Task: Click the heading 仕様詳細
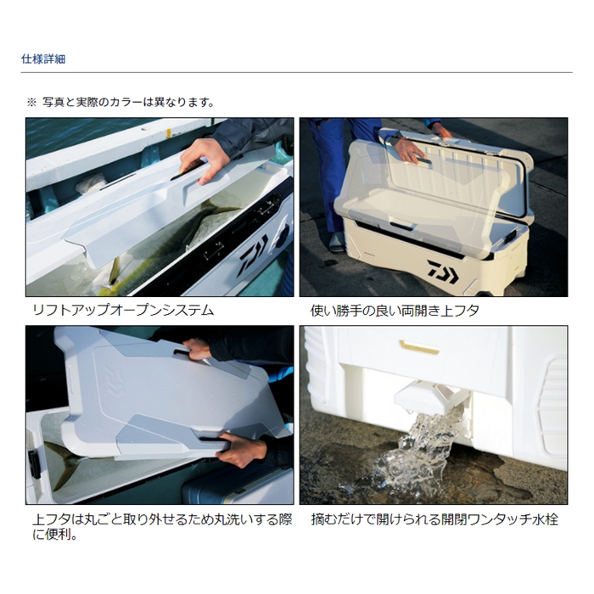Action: click(x=43, y=59)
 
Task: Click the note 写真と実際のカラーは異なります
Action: click(x=127, y=103)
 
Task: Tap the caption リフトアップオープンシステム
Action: click(x=124, y=311)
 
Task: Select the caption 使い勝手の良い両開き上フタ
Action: click(x=395, y=311)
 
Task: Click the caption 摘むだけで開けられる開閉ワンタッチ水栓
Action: click(x=434, y=519)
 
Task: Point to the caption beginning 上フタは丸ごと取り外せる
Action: click(x=162, y=527)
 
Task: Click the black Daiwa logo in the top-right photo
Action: click(x=442, y=272)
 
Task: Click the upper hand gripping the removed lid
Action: click(x=199, y=350)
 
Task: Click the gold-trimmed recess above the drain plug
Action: click(x=419, y=346)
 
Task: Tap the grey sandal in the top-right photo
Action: click(x=336, y=243)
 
